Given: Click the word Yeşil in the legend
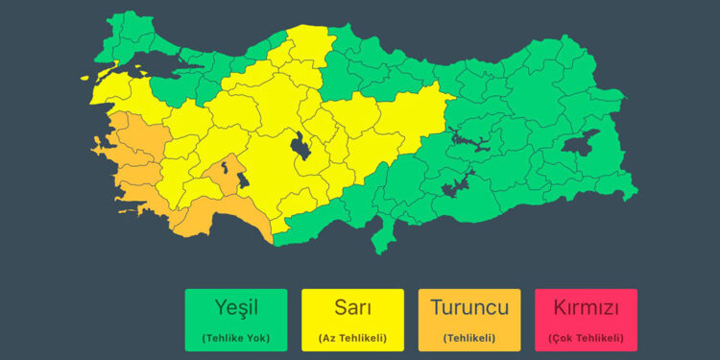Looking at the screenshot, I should point(235,308).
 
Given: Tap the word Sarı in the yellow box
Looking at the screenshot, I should point(352,308).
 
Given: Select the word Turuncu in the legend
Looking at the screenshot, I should point(468,308).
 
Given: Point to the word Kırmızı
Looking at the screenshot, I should point(587,308).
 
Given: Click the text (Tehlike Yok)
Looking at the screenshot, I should point(235,337).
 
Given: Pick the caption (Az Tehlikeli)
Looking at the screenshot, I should point(352,337).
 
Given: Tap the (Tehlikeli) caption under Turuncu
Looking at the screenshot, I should point(468,337).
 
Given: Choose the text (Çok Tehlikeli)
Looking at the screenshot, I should point(587,337).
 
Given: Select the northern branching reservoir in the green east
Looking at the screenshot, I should point(470,140).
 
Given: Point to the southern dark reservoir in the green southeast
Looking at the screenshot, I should point(455,185).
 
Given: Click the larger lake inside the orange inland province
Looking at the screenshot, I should point(239,179).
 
